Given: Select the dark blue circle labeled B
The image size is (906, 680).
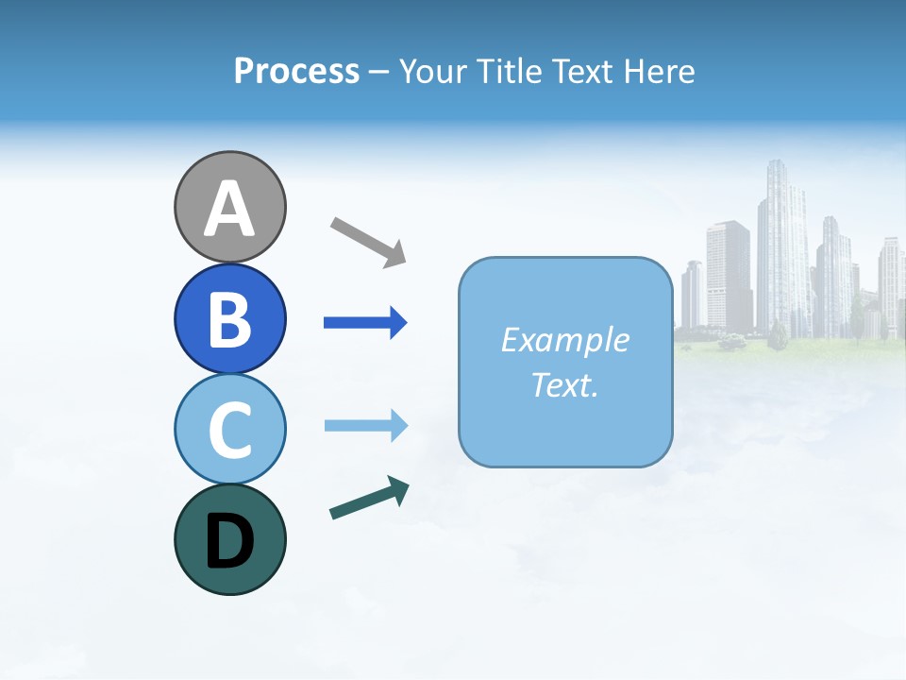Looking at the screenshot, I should coord(229,318).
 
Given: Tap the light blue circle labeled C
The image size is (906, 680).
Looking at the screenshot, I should coord(229,429).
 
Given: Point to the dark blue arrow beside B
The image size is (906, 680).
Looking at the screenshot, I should coord(364,323).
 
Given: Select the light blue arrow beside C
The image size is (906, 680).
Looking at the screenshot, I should coord(364,426).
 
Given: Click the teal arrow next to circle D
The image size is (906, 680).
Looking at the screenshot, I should coord(368,499).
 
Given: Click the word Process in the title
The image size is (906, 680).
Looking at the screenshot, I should coord(296,71).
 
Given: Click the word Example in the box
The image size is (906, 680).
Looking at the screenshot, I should coord(564,340).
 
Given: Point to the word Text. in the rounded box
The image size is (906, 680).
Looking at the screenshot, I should coord(564,384).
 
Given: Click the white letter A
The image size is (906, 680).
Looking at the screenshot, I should coord(229,210).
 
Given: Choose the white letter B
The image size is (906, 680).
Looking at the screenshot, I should coord(229,319).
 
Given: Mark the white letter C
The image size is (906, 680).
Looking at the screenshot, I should coord(229,430).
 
